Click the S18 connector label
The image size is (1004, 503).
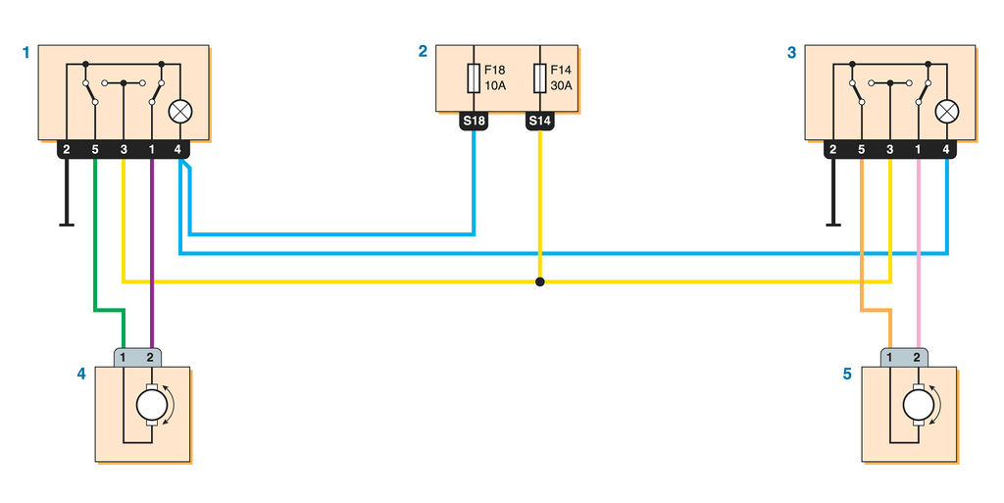coord(475,122)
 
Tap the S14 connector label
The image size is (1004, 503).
coord(540,122)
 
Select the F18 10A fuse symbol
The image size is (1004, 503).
coord(475,77)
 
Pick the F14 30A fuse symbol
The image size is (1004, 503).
coord(540,77)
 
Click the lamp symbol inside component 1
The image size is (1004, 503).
coord(179,111)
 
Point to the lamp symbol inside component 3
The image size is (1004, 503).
coord(946,111)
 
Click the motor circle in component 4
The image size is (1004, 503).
coord(150,403)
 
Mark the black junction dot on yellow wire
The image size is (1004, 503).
coord(540,282)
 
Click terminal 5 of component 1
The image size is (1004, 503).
coord(95,150)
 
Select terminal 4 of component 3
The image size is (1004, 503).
coord(946,150)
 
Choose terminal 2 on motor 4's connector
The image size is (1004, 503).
coord(151,356)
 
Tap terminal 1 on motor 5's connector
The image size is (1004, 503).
coord(889,356)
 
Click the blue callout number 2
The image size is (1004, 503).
coord(423,52)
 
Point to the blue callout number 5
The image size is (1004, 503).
coord(847,374)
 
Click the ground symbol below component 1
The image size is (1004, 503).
coord(67,223)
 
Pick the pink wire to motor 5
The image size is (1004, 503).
coord(919,255)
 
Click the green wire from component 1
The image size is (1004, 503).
coord(95,245)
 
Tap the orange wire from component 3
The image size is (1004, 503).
coord(862,245)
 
